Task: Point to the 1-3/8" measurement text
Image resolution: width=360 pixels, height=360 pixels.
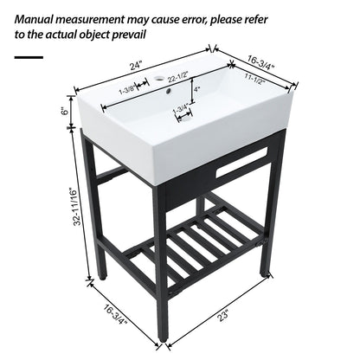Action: click(x=127, y=87)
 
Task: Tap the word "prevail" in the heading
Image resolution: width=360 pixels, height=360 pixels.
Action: click(x=125, y=35)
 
